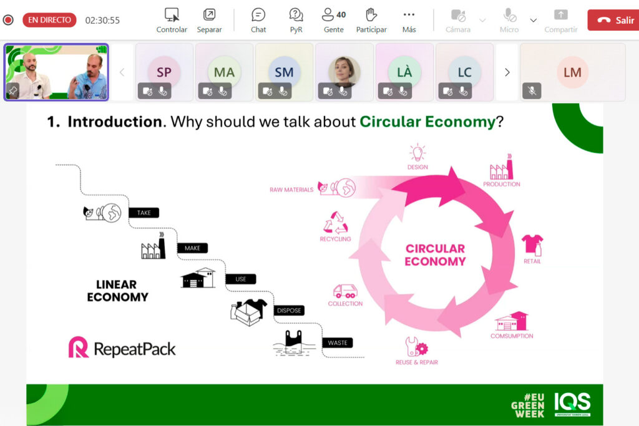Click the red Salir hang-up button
click(613, 20)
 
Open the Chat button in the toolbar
click(258, 21)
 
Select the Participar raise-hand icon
click(371, 15)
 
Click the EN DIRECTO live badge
click(49, 20)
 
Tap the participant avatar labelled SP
click(164, 72)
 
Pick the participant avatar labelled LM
click(573, 72)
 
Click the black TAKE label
click(144, 213)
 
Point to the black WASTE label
click(338, 343)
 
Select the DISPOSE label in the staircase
click(289, 311)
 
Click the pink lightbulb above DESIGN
click(417, 153)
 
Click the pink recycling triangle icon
click(335, 223)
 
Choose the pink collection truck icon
click(345, 291)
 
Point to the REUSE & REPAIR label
click(416, 362)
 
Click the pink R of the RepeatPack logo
click(78, 347)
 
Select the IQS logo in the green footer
click(572, 404)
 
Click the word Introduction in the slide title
click(115, 122)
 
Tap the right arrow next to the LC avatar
click(507, 72)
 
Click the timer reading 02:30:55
click(102, 21)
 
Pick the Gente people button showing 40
click(334, 21)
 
